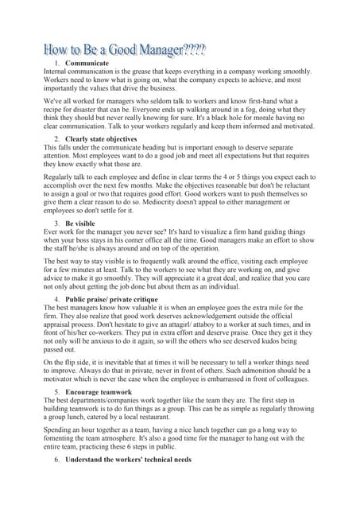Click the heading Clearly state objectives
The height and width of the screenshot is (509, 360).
click(x=102, y=140)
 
